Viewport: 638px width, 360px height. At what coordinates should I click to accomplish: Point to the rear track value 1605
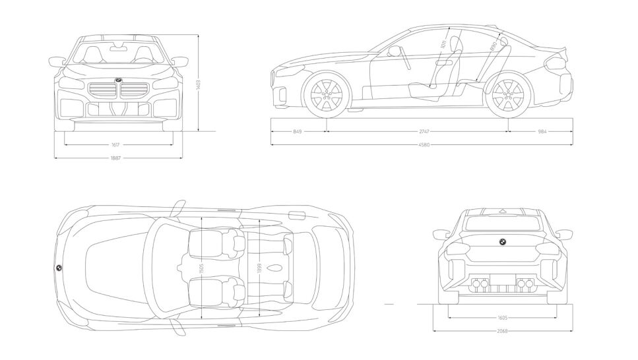coord(503,316)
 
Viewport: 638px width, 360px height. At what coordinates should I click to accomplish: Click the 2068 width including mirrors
coord(503,330)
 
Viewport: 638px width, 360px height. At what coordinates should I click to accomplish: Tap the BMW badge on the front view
coord(118,80)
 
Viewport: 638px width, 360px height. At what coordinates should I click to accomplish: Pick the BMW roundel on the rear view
coord(502,241)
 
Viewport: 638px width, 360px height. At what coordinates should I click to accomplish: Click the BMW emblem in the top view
coord(58,268)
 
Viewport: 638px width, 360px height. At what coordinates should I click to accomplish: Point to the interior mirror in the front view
coord(119,47)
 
